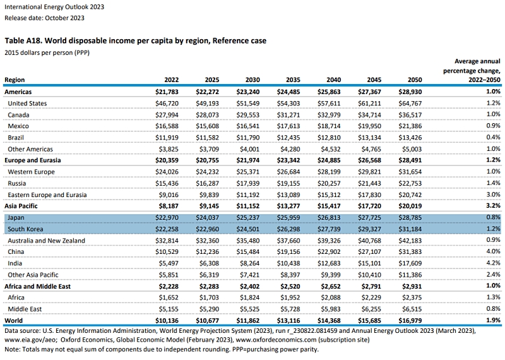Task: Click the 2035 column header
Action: pos(293,80)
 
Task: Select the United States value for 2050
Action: pos(410,104)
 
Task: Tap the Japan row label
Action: pos(16,217)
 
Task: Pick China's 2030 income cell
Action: pos(247,252)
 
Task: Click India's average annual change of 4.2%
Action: pos(493,263)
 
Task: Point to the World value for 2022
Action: pos(167,320)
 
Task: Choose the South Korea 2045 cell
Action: pos(369,229)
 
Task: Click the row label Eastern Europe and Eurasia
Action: pos(47,195)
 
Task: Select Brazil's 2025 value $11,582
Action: pos(208,138)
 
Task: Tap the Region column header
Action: pos(15,80)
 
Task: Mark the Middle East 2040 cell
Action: pos(330,309)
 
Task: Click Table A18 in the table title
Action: pos(23,40)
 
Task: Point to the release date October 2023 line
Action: pos(44,18)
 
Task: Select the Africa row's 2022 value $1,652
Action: pos(169,297)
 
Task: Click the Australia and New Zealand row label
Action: pos(46,241)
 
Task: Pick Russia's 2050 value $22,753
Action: pos(410,183)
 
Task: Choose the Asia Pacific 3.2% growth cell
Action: pos(493,206)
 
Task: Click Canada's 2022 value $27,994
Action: pos(167,115)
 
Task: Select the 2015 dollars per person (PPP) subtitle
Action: pos(47,52)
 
